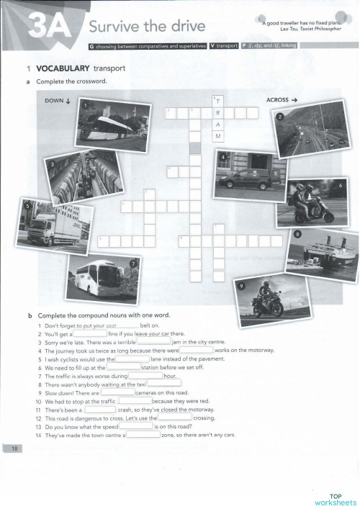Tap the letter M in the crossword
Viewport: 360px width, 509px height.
tap(217, 136)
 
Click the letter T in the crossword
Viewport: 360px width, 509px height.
tap(217, 102)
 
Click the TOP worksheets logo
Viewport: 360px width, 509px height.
tap(335, 498)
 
